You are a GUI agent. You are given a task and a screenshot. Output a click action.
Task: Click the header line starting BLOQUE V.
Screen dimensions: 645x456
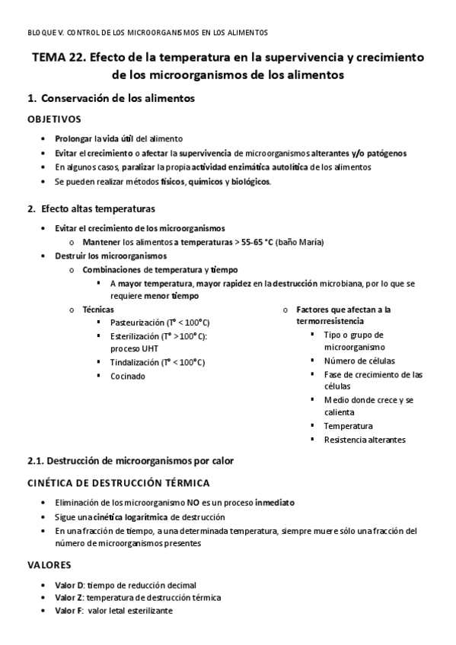[x=147, y=33]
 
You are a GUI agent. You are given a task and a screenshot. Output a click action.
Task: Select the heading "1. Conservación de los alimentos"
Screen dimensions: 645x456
[x=110, y=99]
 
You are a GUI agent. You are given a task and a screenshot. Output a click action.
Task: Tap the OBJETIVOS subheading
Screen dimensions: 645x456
[x=54, y=119]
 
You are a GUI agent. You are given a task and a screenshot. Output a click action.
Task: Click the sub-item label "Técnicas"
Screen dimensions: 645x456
[x=98, y=310]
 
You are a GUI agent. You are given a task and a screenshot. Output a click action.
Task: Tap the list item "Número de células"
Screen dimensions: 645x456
[x=359, y=361]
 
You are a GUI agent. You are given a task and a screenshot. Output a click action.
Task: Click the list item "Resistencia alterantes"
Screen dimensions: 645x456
[x=365, y=439]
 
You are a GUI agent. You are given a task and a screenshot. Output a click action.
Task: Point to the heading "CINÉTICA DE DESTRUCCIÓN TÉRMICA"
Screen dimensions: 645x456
[x=118, y=483]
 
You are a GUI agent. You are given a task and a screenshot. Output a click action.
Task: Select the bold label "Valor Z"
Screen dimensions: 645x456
[x=69, y=597]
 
